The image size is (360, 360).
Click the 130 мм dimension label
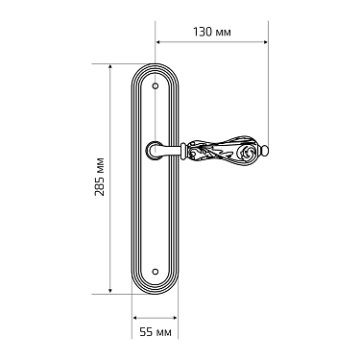click(x=212, y=32)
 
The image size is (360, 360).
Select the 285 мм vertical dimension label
click(x=100, y=177)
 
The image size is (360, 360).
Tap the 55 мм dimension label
click(x=156, y=332)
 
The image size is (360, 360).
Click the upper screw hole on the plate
click(x=156, y=86)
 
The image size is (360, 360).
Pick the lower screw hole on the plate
click(x=156, y=272)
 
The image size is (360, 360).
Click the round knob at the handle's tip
click(x=265, y=151)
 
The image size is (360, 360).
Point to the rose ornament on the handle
click(x=247, y=152)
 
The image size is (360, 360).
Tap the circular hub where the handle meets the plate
click(x=154, y=150)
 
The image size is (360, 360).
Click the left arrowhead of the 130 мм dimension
click(x=158, y=42)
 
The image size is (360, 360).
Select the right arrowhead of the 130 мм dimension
click(x=265, y=42)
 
